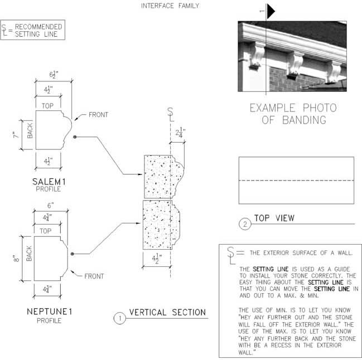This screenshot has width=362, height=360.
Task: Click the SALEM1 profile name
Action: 49,182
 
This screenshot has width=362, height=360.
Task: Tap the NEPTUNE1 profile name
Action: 50,312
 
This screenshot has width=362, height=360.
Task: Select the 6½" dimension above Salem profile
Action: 54,75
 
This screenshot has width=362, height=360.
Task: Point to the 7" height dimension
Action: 16,135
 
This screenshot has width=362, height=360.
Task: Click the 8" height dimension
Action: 16,258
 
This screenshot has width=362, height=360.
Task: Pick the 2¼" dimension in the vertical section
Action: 180,133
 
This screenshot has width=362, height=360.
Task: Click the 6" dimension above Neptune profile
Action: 51,205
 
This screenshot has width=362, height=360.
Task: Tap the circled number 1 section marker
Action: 120,318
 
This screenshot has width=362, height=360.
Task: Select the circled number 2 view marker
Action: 245,224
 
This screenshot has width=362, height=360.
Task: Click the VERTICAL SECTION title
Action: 167,312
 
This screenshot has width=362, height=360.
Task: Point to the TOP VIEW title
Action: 274,218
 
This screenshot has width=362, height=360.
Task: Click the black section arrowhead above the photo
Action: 271,11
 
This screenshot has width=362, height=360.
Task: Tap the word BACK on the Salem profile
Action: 30,130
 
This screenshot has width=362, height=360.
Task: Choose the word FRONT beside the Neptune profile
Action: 94,276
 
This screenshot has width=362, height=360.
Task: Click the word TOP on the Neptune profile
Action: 46,231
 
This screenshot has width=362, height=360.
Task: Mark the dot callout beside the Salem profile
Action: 75,137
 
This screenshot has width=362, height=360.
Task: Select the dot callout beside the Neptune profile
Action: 73,254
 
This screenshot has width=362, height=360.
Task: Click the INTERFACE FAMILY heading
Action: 170,6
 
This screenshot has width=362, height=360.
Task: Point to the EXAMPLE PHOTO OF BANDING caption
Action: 293,114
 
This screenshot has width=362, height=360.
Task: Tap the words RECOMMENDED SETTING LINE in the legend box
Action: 38,30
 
